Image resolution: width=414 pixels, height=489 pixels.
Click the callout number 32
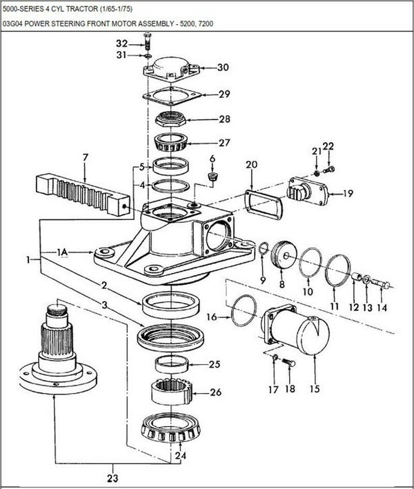pos(122,43)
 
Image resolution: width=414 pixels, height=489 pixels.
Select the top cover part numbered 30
pos(171,68)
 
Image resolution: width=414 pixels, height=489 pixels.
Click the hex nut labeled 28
pos(171,119)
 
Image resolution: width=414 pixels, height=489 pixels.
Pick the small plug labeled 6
pos(213,177)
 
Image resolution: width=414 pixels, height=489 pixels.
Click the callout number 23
pos(112,478)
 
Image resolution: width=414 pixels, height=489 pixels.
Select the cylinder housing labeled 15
pos(295,330)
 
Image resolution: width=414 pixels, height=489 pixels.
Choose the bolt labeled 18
pos(289,363)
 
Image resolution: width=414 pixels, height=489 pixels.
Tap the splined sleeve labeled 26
pos(172,392)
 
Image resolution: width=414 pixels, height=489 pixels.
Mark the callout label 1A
pos(62,252)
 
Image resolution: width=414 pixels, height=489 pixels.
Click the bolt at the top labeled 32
pos(148,42)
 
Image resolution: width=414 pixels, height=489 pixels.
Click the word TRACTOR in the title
pos(83,9)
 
